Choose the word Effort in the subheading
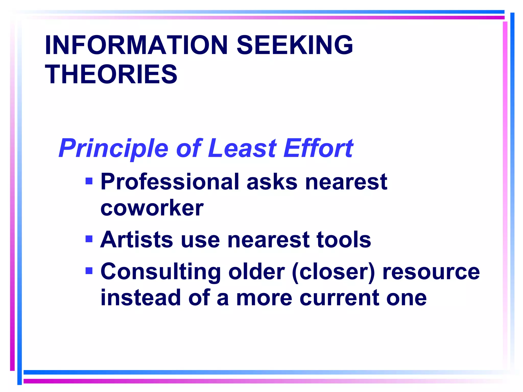(318, 148)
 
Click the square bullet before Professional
(89, 181)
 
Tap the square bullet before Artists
(89, 239)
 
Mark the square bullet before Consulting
(89, 271)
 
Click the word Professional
(170, 182)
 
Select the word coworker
(152, 208)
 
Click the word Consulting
(161, 272)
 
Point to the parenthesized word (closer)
(333, 272)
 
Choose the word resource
(431, 272)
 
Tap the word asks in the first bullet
(272, 182)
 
